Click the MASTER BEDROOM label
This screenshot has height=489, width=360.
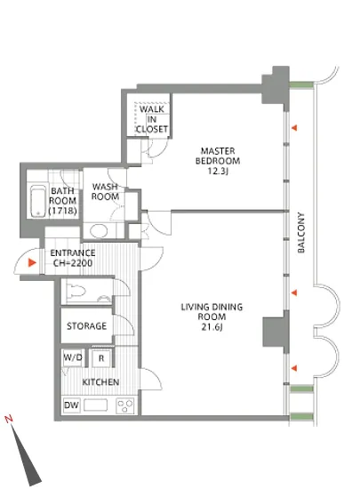click(218, 156)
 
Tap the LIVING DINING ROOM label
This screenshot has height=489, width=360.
click(212, 312)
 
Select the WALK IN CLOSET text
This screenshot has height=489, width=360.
click(152, 119)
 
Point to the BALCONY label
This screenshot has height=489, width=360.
click(301, 233)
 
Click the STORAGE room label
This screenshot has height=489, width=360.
click(86, 326)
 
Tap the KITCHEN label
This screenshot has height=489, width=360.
click(100, 382)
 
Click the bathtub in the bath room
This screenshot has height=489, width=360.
click(38, 201)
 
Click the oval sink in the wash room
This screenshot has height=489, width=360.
click(99, 231)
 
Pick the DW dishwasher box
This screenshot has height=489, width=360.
click(71, 405)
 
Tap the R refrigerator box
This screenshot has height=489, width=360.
click(101, 358)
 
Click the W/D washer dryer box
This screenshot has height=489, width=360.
click(72, 357)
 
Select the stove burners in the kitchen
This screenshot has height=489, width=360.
click(124, 405)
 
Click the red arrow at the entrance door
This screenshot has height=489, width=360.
click(32, 262)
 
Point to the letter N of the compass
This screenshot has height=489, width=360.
click(9, 419)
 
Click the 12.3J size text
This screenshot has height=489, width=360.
click(218, 171)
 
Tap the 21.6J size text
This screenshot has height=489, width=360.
click(212, 327)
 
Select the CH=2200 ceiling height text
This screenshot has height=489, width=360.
click(73, 263)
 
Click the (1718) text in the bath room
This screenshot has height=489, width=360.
click(62, 211)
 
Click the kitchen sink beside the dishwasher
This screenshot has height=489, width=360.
click(96, 405)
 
